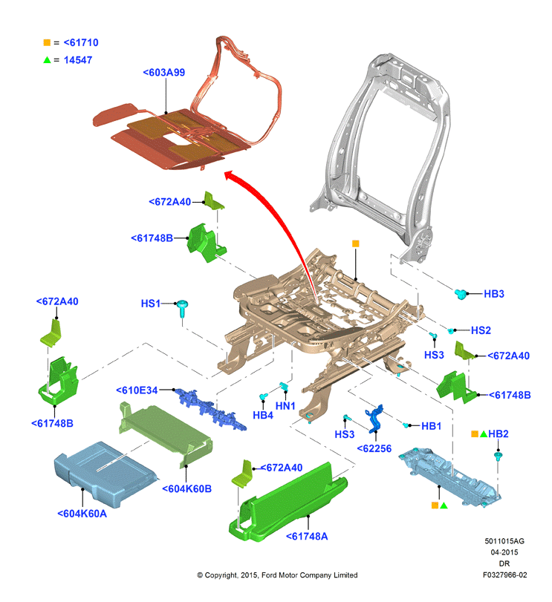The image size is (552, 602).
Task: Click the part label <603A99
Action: pos(164,72)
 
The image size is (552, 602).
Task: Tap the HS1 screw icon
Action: pos(182,308)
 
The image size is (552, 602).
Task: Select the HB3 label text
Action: pos(493,294)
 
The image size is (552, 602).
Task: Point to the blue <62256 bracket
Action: pos(374,418)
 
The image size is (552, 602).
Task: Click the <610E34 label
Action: pos(137,390)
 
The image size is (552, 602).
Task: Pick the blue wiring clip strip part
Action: pos(210,410)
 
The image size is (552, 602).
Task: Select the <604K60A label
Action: pos(82,514)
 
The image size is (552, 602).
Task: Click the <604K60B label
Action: pos(186,488)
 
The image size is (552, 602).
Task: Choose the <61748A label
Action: pos(307,537)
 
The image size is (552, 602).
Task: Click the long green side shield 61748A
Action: pos(288,503)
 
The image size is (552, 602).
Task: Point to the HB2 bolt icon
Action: pos(499,457)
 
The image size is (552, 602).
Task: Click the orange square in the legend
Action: pos(47,42)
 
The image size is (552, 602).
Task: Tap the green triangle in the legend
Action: pos(47,60)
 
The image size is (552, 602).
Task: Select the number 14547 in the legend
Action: pos(78,60)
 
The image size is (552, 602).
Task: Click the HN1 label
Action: pos(285,406)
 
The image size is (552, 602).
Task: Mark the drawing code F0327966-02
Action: pos(504,575)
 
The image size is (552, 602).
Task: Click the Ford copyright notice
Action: pos(277,575)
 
